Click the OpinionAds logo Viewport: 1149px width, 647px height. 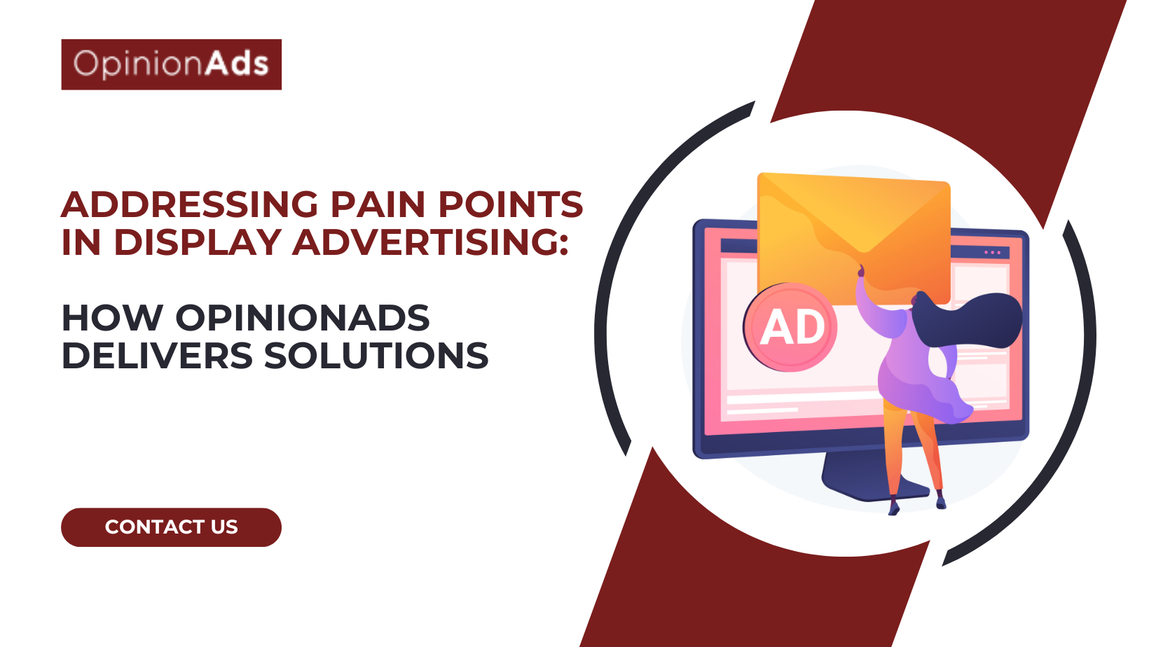[171, 64]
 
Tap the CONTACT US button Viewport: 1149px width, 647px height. [171, 527]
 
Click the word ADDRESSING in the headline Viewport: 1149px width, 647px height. [190, 204]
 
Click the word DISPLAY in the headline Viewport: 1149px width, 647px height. [198, 242]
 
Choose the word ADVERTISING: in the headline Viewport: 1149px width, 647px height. [430, 242]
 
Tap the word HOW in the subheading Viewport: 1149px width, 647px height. [112, 318]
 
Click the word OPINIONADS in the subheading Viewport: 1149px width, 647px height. [302, 318]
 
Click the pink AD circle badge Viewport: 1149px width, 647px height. [790, 327]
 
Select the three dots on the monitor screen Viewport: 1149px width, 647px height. [992, 252]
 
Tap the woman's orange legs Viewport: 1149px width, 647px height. [911, 448]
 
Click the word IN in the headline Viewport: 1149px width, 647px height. [81, 242]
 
